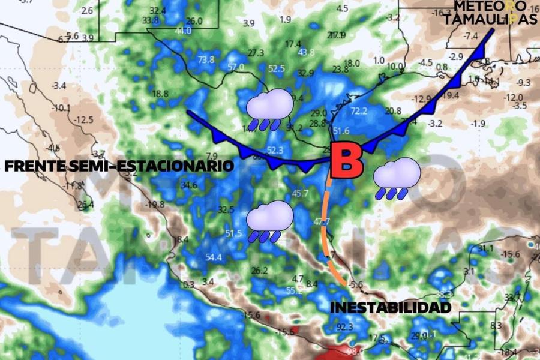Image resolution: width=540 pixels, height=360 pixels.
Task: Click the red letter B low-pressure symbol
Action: point(346,160)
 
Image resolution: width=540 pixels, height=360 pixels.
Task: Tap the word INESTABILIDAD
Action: point(390,307)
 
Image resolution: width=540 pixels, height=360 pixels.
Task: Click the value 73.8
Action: point(206,59)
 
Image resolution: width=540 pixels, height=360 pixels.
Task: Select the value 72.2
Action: point(359,110)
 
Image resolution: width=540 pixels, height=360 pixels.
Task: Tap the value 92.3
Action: point(345,327)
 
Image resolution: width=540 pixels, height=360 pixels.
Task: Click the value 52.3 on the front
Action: point(275,150)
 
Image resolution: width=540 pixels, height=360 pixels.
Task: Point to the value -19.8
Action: point(154,205)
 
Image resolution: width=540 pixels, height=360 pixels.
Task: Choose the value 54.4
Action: point(214,257)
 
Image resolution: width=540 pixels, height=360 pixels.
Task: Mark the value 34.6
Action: point(189,185)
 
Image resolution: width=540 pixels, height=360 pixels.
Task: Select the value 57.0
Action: point(236,67)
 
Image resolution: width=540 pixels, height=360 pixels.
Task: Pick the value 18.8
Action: point(160,94)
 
